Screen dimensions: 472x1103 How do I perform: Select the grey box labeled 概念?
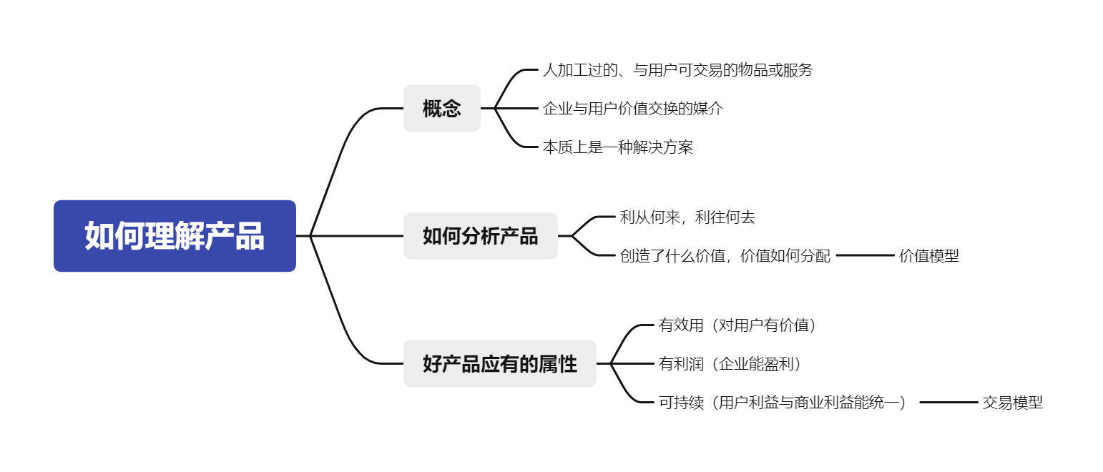tap(441, 109)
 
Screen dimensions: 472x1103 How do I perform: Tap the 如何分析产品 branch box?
tap(480, 236)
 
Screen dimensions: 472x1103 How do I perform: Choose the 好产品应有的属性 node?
tap(499, 364)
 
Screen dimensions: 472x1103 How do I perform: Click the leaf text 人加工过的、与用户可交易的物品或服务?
tap(677, 70)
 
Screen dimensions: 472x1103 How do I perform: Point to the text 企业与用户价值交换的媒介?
tap(632, 109)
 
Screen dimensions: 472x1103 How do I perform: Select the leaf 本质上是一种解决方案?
tap(617, 147)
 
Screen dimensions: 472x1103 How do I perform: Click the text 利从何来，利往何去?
tap(687, 217)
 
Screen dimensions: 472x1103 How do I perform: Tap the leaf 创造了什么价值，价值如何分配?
tap(725, 255)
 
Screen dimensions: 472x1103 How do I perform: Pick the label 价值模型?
tap(928, 255)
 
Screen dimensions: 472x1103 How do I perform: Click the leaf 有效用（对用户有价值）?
tap(737, 325)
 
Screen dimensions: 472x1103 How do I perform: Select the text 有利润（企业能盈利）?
tap(730, 364)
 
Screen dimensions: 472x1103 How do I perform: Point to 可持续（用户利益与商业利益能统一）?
tap(783, 403)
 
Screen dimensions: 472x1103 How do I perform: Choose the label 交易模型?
tap(1012, 403)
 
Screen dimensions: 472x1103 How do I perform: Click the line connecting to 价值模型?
tap(865, 255)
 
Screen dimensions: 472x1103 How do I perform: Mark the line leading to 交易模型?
tap(948, 403)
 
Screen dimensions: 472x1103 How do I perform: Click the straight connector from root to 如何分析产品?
tap(358, 235)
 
